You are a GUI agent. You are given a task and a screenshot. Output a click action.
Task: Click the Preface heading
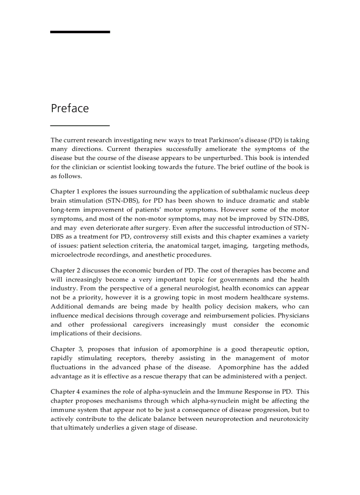point(70,108)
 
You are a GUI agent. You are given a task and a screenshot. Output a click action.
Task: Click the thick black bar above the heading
point(80,32)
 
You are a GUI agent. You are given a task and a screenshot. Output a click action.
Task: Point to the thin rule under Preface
point(80,126)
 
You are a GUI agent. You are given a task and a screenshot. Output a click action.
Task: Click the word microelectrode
point(72,254)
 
